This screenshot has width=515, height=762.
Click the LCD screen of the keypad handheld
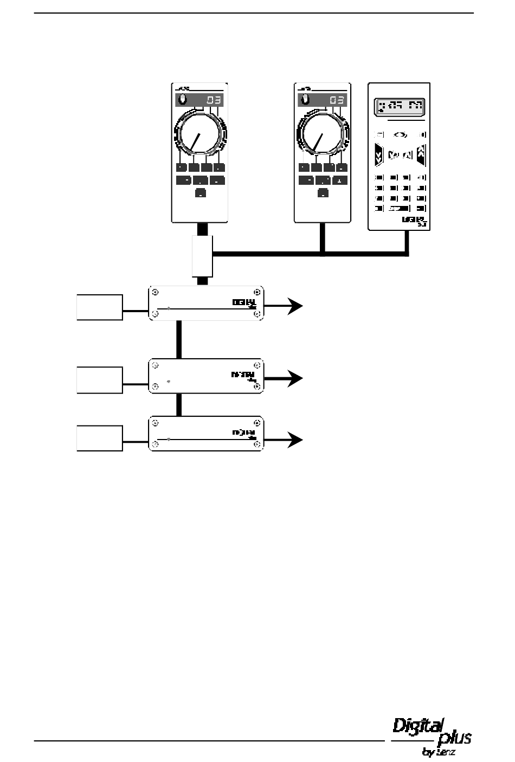399,107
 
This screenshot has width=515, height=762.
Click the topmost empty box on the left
100,307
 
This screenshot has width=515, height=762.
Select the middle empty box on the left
100,380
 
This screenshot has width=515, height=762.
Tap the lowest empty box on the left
100,438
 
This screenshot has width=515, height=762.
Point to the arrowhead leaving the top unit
296,306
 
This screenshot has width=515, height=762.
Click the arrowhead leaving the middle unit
296,378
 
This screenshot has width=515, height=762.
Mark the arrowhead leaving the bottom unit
296,440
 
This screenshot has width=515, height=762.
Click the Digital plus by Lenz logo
432,735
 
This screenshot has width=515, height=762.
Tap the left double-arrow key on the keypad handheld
379,156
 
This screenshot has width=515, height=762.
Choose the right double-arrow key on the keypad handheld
421,155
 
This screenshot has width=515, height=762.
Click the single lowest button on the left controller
200,192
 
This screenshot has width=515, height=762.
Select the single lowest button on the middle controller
323,192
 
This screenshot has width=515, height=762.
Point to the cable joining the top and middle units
179,339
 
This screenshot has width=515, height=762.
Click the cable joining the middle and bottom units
179,405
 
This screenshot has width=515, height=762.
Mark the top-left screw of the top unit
156,292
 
